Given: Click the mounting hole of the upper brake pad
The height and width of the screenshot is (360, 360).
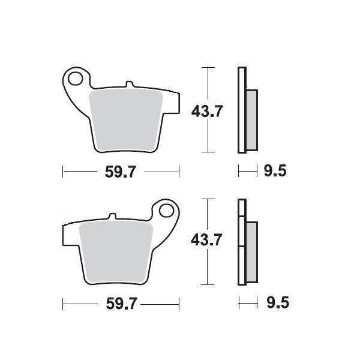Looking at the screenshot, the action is point(76,79).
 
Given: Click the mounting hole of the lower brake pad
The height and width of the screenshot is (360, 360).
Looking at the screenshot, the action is point(166,211).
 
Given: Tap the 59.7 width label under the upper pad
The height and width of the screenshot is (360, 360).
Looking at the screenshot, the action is point(121,172).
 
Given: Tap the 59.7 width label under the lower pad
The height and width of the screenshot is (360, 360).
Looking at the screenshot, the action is point(121,304).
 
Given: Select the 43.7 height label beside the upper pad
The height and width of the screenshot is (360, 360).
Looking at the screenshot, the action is point(207,111).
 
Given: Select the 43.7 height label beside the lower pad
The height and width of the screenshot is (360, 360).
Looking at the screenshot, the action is point(206,240).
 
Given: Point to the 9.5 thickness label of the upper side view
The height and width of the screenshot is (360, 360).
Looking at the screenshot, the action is point(275,171).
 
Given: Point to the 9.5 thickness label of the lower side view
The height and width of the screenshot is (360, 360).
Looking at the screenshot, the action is point(278,302).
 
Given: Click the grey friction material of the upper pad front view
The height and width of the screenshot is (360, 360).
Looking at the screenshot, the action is point(126,120).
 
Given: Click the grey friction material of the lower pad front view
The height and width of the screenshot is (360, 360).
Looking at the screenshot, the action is point(116,252).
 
